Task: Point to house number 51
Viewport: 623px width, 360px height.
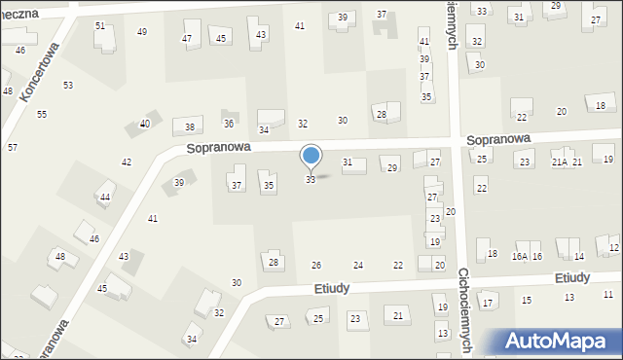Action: coord(100,25)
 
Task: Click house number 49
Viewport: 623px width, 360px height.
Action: coord(142,32)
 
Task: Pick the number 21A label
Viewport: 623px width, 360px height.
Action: coord(559,162)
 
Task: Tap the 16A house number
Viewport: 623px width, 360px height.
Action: coord(521,256)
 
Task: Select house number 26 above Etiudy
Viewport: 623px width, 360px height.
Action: coord(316,266)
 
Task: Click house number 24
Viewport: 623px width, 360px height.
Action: coord(358,266)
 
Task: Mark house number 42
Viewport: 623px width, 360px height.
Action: coord(127,162)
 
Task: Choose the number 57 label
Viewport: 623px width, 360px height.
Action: coord(13,147)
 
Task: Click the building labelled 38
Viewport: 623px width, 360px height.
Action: coord(189,127)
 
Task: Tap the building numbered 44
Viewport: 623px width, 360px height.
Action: coord(105,198)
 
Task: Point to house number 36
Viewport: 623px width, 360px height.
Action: coord(229,124)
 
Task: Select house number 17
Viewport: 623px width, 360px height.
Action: coord(488,304)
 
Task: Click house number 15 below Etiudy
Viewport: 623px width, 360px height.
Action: coord(527,300)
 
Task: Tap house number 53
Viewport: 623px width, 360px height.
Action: coord(68,86)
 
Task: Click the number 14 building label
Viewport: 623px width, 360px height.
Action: coord(578,256)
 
